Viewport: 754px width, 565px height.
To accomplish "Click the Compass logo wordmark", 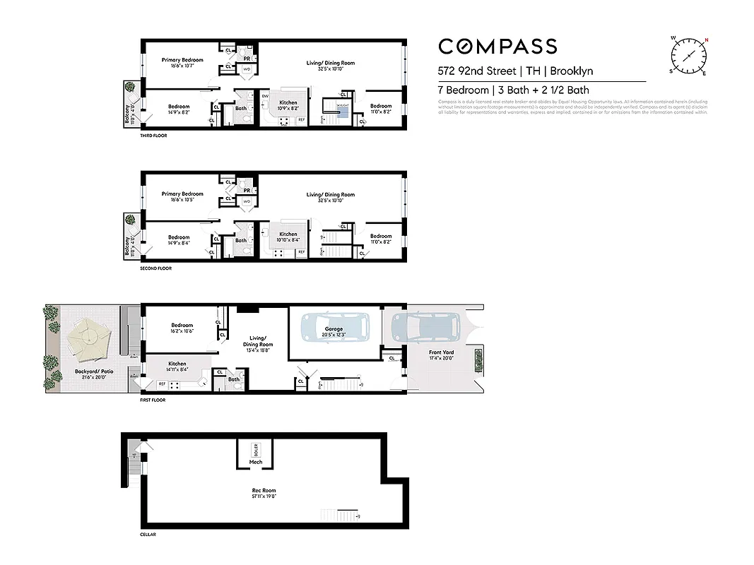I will pyautogui.click(x=497, y=47).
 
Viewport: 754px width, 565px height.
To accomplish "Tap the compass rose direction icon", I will pyautogui.click(x=688, y=55).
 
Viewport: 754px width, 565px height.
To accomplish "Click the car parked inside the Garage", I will pyautogui.click(x=334, y=328).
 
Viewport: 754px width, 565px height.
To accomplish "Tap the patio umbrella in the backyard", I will pyautogui.click(x=89, y=337).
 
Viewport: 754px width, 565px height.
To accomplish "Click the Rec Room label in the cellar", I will pyautogui.click(x=264, y=490).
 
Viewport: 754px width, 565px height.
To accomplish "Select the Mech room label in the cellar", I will pyautogui.click(x=255, y=463).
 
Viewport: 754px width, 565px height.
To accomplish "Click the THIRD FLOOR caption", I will pyautogui.click(x=153, y=135).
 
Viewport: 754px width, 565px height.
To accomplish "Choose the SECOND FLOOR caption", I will pyautogui.click(x=155, y=268).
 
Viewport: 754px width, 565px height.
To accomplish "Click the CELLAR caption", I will pyautogui.click(x=148, y=535).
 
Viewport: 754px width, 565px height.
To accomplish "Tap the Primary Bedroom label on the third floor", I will pyautogui.click(x=182, y=60).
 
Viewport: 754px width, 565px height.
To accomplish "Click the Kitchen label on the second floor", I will pyautogui.click(x=288, y=234).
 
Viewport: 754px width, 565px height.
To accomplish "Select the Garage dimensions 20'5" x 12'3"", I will pyautogui.click(x=334, y=335).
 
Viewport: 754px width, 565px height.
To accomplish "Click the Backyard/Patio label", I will pyautogui.click(x=90, y=371).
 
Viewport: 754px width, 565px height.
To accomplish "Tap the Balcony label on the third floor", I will pyautogui.click(x=128, y=112).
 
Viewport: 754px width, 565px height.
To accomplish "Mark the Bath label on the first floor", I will pyautogui.click(x=234, y=379).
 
